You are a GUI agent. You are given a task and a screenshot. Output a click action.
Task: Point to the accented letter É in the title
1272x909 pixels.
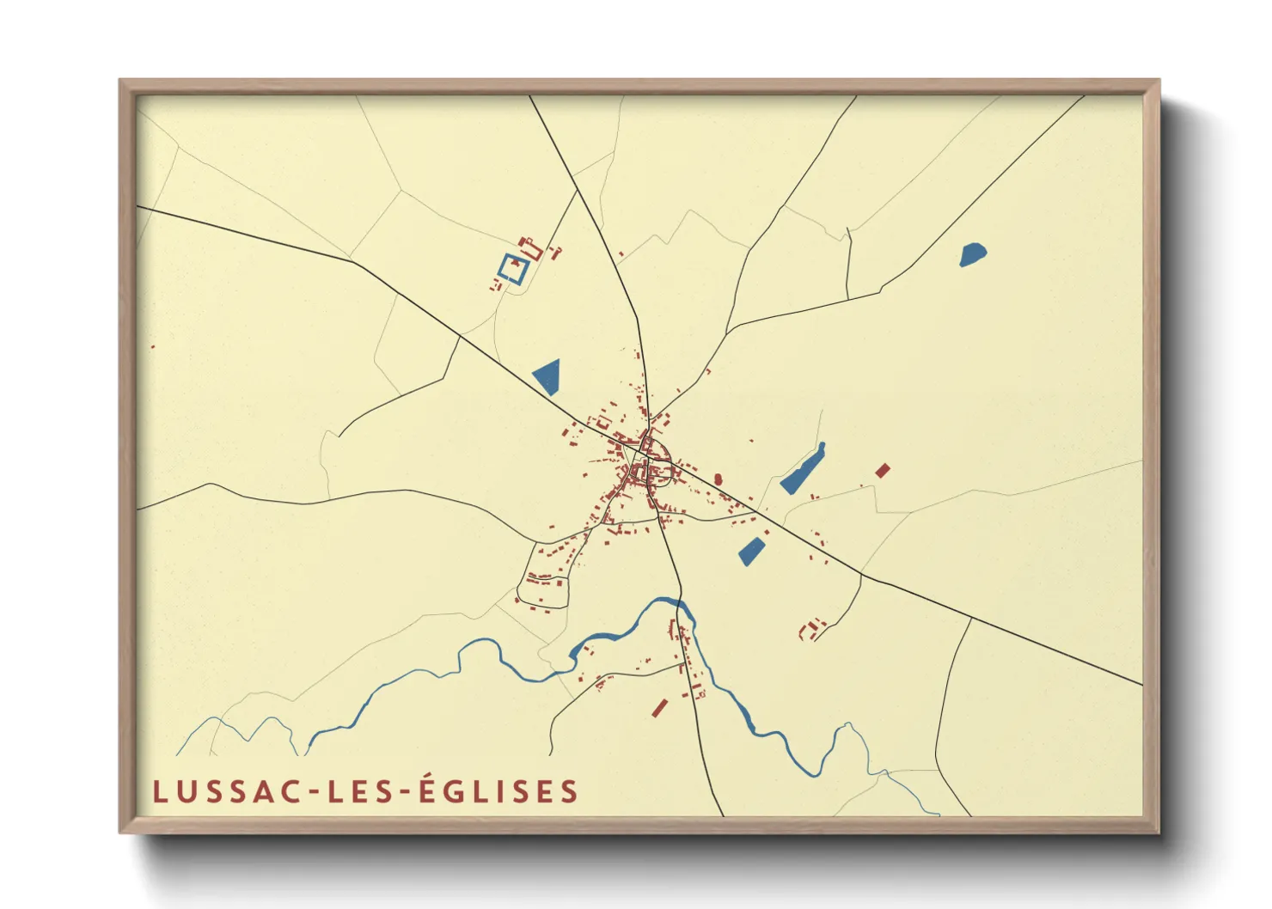(x=426, y=789)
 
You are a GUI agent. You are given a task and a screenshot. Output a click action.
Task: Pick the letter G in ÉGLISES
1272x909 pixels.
(x=452, y=791)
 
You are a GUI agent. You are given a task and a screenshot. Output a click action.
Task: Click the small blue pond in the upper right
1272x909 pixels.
(x=972, y=254)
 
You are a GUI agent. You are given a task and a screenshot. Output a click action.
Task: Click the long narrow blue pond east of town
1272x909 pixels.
(x=803, y=469)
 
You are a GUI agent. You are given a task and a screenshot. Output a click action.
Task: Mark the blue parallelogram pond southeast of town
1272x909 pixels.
(x=752, y=551)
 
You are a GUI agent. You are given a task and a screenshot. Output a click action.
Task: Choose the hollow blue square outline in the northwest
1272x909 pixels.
(x=513, y=268)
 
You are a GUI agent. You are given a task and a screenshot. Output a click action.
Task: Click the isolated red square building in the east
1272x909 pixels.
(x=882, y=470)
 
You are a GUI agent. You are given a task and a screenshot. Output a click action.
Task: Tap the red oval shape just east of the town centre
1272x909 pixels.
(x=718, y=479)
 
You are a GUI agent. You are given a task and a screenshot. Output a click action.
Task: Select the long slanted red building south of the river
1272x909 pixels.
(x=660, y=707)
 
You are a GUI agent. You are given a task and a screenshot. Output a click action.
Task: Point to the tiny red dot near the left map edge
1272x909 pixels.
(x=153, y=347)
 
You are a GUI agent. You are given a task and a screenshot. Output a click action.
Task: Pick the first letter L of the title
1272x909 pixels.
(x=159, y=791)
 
